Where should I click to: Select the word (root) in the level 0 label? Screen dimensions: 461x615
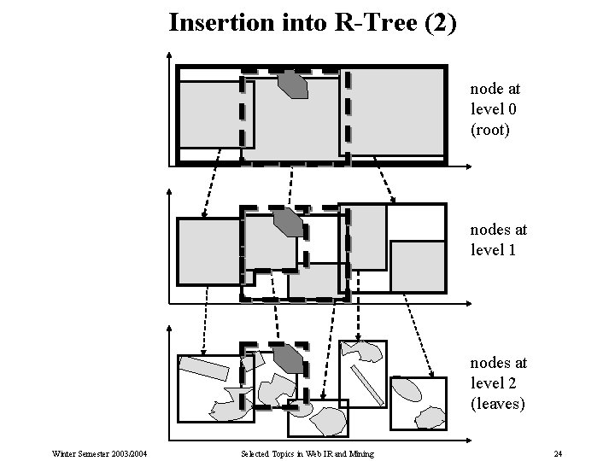(x=489, y=131)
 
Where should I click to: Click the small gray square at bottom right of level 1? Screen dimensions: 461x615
(x=417, y=264)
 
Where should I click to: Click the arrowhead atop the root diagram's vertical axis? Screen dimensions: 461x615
(x=168, y=56)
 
